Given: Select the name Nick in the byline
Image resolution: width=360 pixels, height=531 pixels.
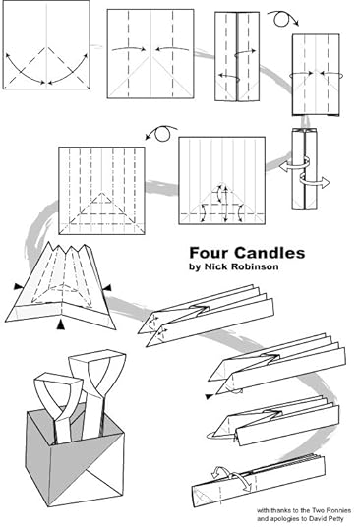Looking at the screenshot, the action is tap(215, 266).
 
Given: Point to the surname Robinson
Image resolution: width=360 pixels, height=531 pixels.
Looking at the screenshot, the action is tap(255, 266).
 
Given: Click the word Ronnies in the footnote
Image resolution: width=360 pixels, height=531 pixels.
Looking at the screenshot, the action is tap(339, 510).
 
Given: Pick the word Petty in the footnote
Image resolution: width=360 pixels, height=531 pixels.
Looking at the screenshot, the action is tap(337, 518).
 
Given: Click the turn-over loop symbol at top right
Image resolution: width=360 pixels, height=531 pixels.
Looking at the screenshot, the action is tap(282, 19).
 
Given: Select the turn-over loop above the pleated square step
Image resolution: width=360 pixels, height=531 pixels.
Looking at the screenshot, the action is tap(161, 133).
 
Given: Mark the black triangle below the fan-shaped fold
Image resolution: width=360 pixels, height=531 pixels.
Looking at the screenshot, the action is tap(60, 324).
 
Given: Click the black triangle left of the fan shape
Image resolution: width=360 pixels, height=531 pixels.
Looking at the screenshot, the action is tap(18, 287).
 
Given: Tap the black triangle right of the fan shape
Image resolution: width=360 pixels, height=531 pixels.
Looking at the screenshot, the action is tap(107, 288).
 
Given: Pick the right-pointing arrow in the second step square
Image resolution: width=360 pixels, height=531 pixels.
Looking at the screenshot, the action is tap(129, 49).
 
